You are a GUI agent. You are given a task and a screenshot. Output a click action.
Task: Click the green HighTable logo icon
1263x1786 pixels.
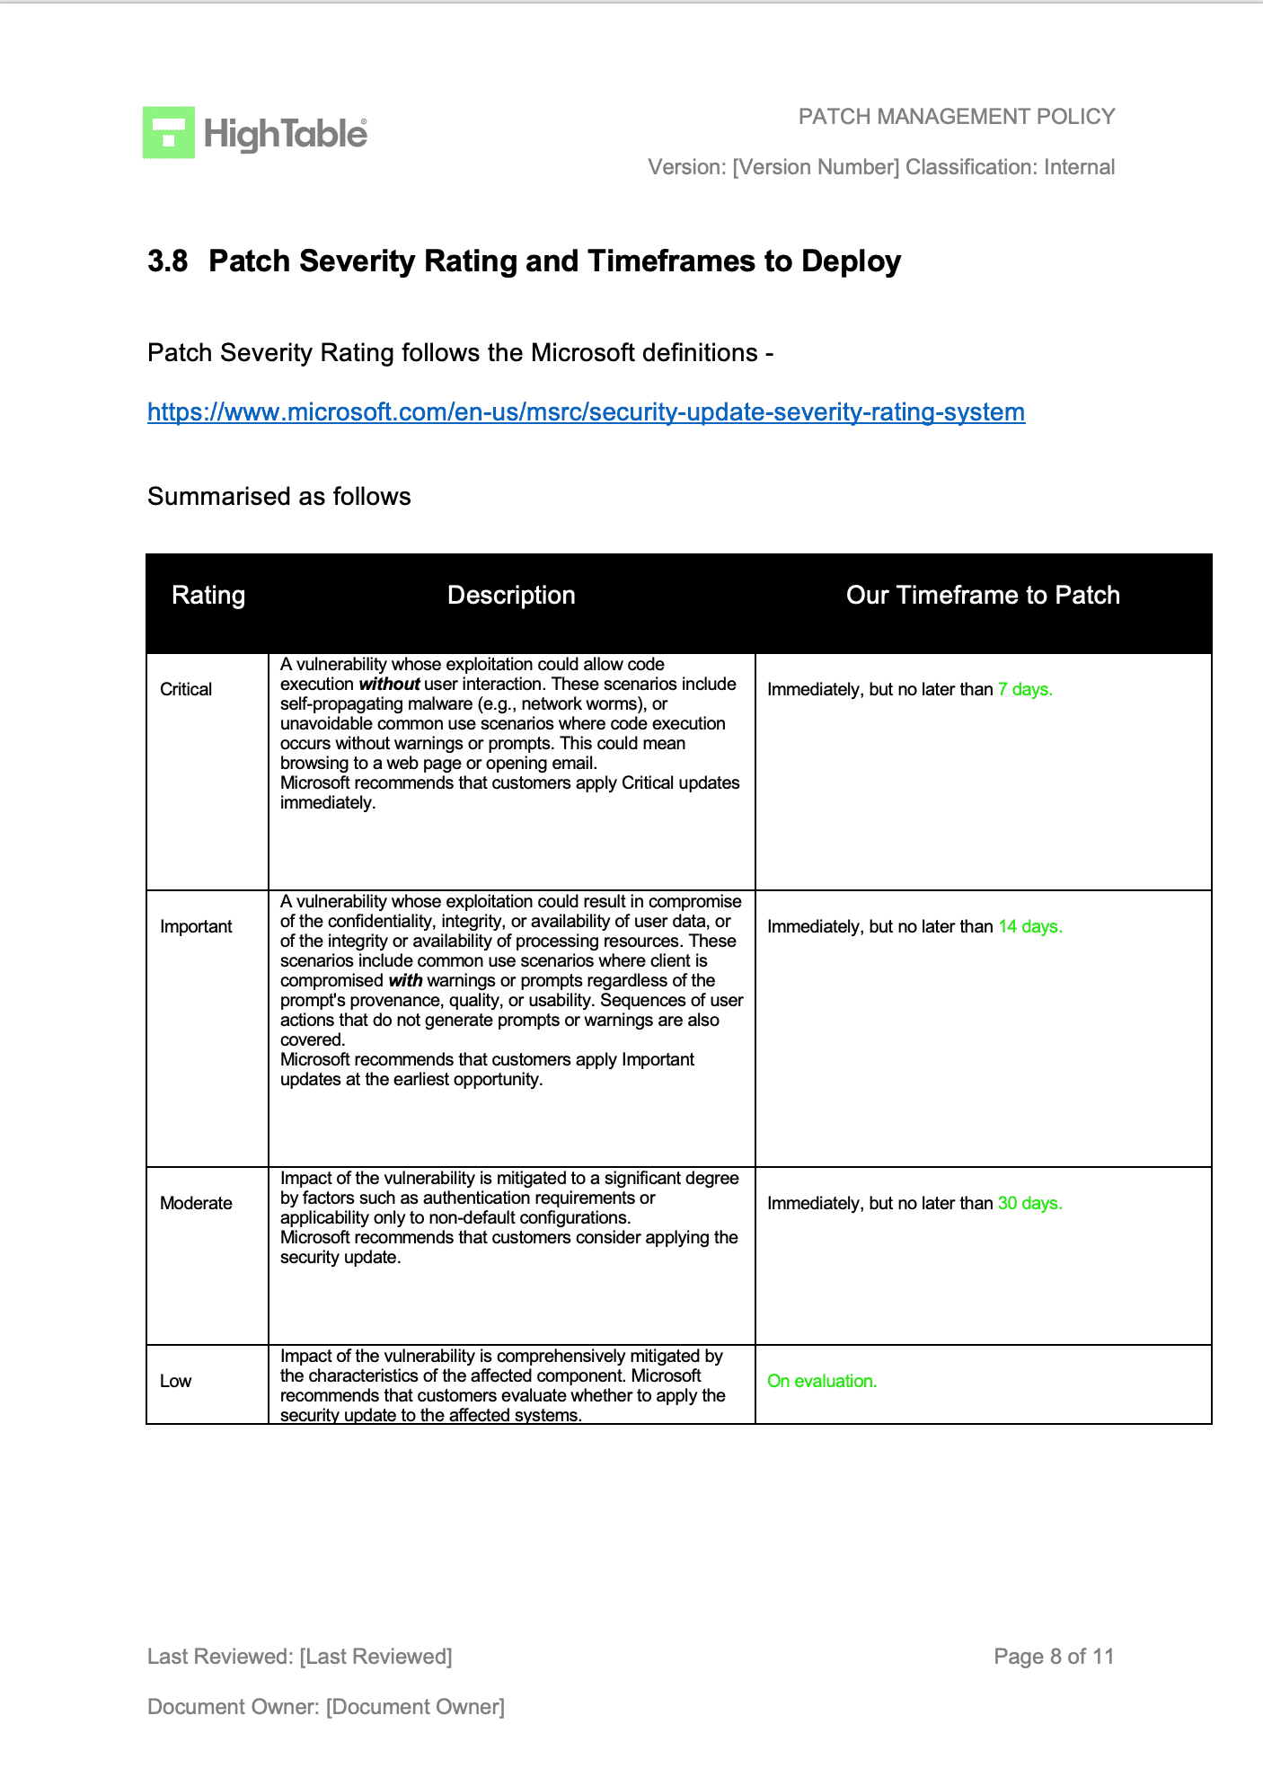tap(169, 133)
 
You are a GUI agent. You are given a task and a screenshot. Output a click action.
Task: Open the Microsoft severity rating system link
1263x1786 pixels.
tap(586, 412)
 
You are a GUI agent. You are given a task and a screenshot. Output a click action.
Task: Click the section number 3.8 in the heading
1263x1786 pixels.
tap(167, 261)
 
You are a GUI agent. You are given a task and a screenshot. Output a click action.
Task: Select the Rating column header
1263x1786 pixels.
tap(208, 596)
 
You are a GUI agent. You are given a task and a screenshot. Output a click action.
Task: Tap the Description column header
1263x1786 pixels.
tap(511, 596)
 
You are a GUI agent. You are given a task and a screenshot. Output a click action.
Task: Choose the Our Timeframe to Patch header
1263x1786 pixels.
tap(983, 596)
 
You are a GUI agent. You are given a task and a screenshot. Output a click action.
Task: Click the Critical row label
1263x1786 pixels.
tap(186, 690)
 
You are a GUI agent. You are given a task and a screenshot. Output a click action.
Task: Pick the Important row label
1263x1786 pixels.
tap(196, 927)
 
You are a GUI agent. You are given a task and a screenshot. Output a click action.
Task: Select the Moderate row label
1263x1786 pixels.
tap(196, 1204)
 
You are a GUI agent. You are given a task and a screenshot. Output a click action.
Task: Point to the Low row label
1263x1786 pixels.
tap(176, 1382)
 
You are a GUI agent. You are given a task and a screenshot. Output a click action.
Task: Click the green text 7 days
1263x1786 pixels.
tap(1025, 690)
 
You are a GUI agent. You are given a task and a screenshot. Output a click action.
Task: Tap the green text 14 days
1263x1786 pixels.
tap(1030, 927)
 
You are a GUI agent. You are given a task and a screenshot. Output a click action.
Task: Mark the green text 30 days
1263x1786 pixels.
tap(1030, 1204)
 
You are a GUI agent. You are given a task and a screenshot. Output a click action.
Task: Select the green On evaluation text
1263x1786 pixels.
tap(822, 1382)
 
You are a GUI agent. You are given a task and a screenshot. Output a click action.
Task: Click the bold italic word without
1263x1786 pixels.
tap(389, 685)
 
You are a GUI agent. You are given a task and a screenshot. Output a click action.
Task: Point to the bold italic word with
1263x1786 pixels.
tap(405, 981)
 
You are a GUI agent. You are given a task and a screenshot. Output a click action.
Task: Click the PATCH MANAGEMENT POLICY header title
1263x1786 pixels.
tap(957, 117)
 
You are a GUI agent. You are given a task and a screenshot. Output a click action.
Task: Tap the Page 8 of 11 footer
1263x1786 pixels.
tap(1054, 1657)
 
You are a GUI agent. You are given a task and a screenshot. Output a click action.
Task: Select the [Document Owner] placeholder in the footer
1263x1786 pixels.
tap(415, 1707)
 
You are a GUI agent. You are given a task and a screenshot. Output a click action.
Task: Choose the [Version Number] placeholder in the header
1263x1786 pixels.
tap(816, 167)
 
